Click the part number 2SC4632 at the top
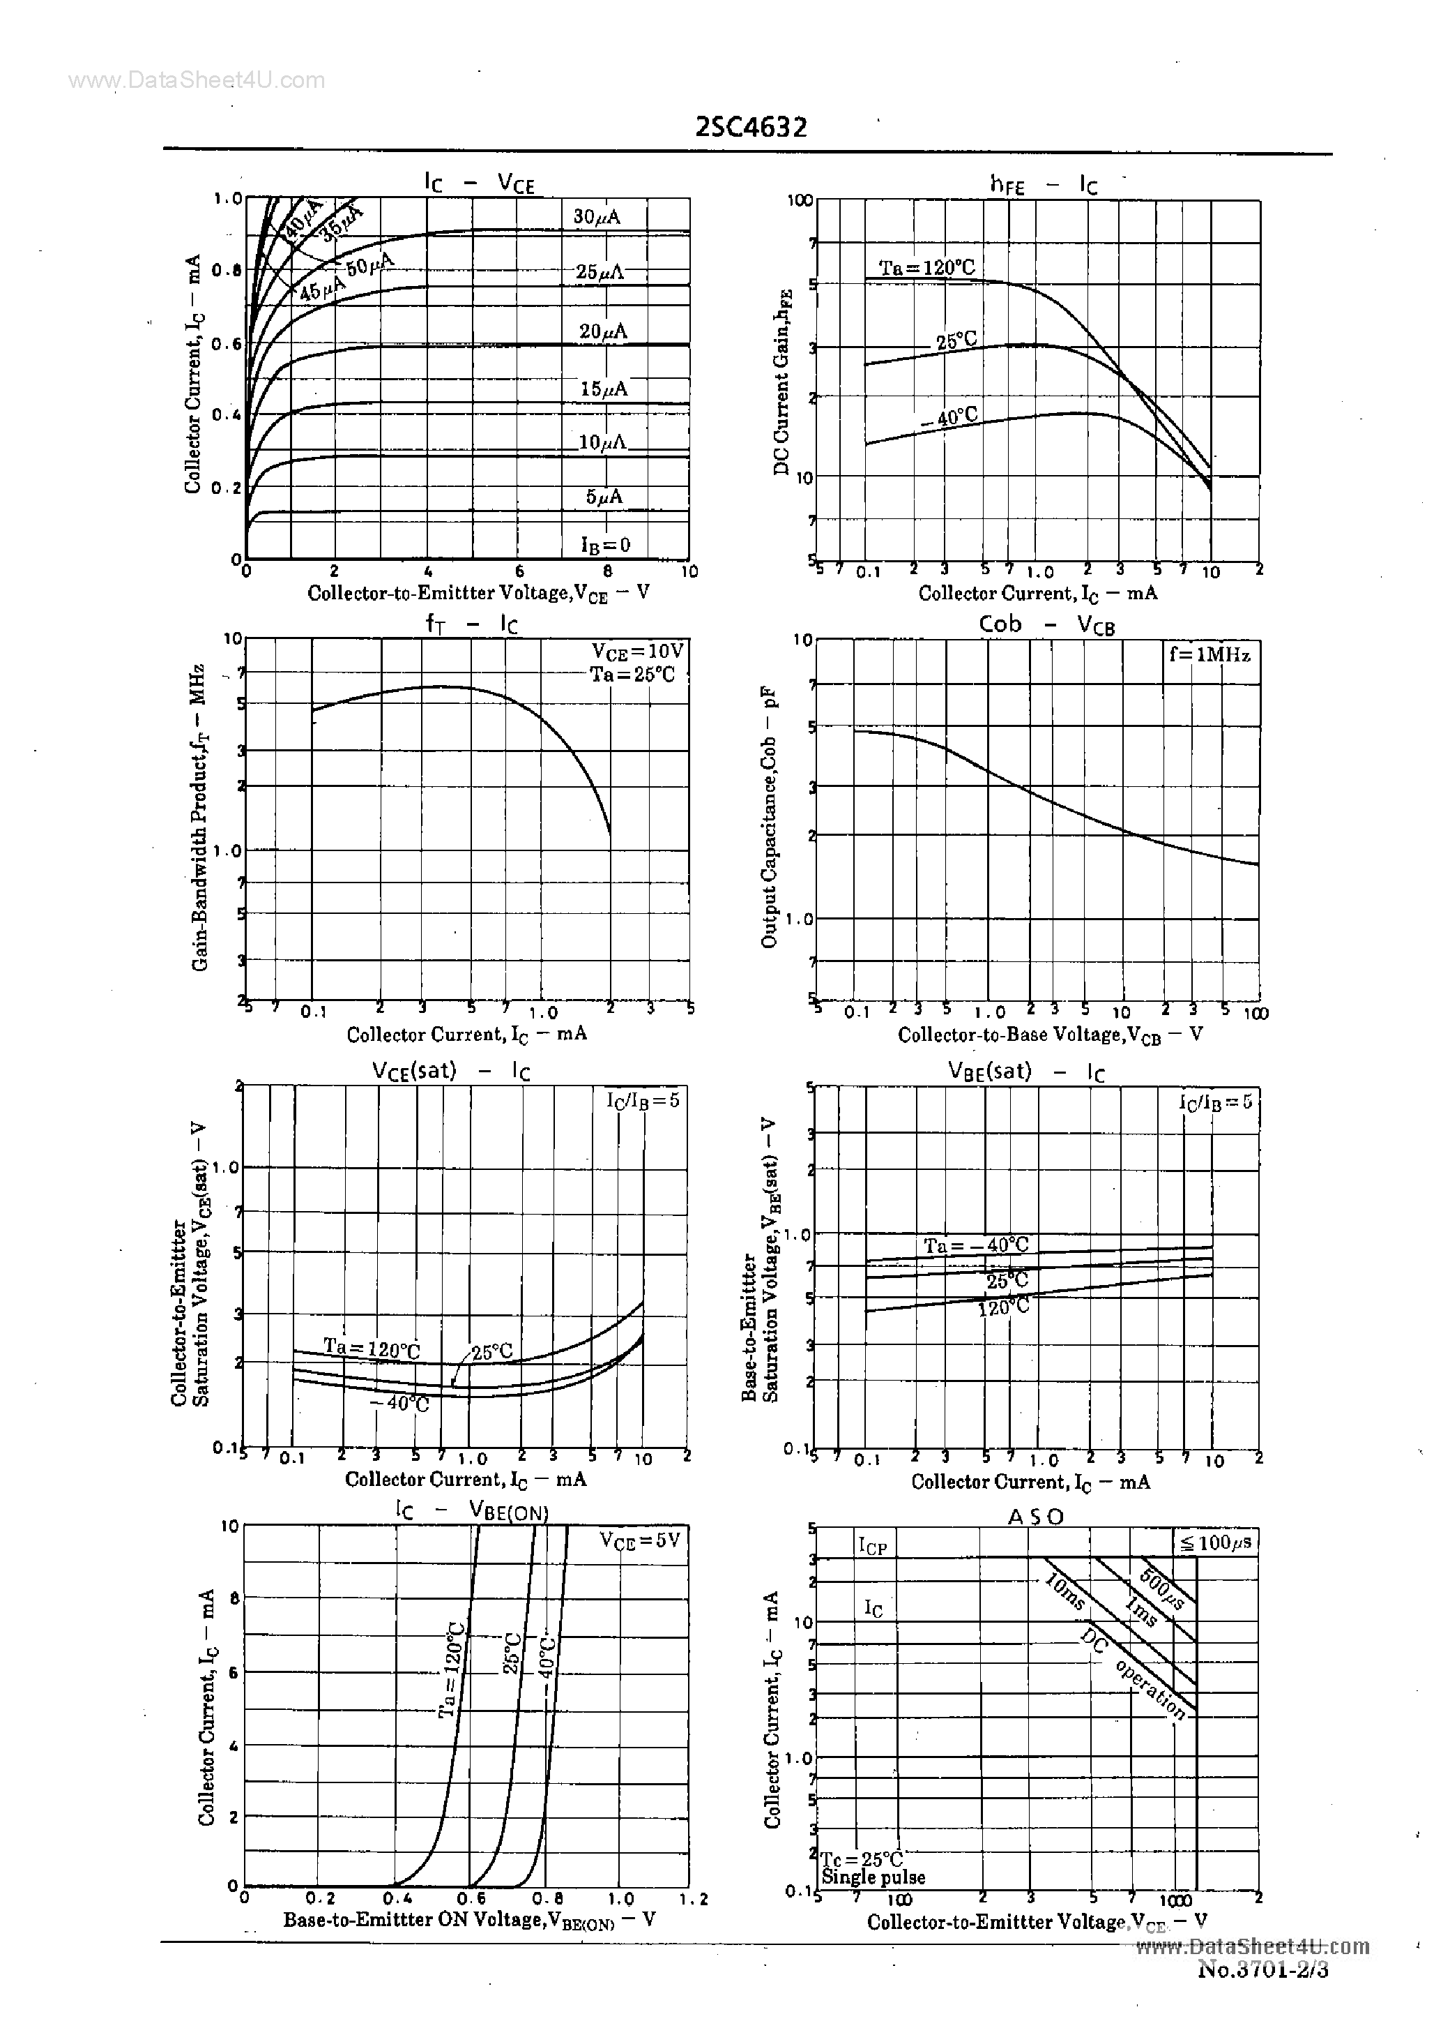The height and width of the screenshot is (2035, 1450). coord(751,128)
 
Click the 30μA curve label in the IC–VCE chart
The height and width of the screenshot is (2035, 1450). coord(597,217)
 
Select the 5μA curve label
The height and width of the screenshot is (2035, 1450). coord(604,497)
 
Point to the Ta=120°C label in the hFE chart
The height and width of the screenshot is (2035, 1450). coord(926,268)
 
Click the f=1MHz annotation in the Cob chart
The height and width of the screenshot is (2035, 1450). coord(1209,655)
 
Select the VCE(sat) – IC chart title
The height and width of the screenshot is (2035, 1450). coord(451,1071)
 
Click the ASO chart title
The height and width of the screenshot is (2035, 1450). coord(1036,1517)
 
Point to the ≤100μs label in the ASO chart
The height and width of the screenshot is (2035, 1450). coord(1215,1542)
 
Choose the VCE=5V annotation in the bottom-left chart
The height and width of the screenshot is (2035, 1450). coord(639,1540)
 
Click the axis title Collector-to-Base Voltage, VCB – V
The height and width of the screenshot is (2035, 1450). coord(1050,1035)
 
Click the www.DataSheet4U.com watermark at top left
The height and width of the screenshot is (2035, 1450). coord(197,80)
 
